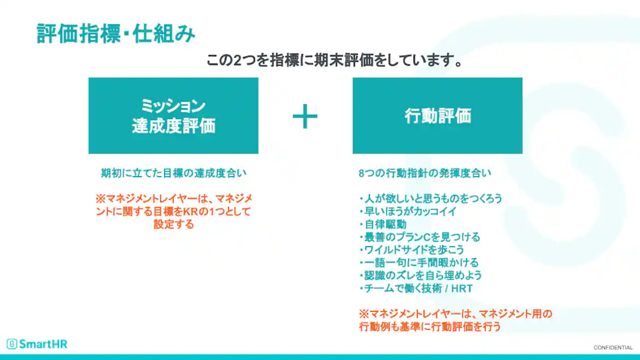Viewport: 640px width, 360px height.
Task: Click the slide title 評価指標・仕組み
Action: pos(116,34)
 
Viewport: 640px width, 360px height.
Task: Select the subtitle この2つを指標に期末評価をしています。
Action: pos(335,60)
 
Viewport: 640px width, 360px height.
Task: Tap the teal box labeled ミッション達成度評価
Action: pos(173,115)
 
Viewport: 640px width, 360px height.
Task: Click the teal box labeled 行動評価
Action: pos(437,115)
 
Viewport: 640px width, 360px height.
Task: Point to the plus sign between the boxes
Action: pos(305,116)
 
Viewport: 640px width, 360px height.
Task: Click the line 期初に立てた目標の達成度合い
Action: pos(173,173)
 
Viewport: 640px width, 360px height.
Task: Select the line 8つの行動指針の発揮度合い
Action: pos(425,173)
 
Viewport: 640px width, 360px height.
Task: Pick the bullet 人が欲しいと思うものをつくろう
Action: pos(431,198)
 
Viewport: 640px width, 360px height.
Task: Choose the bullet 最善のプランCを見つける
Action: pos(420,237)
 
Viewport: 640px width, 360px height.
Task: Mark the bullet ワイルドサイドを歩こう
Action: pos(412,250)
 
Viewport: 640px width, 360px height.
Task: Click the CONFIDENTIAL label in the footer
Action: pos(613,348)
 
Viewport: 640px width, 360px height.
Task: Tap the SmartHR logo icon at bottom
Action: pos(12,344)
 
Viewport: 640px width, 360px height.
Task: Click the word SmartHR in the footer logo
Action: pos(43,344)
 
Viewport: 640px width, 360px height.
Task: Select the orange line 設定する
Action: pos(173,224)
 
